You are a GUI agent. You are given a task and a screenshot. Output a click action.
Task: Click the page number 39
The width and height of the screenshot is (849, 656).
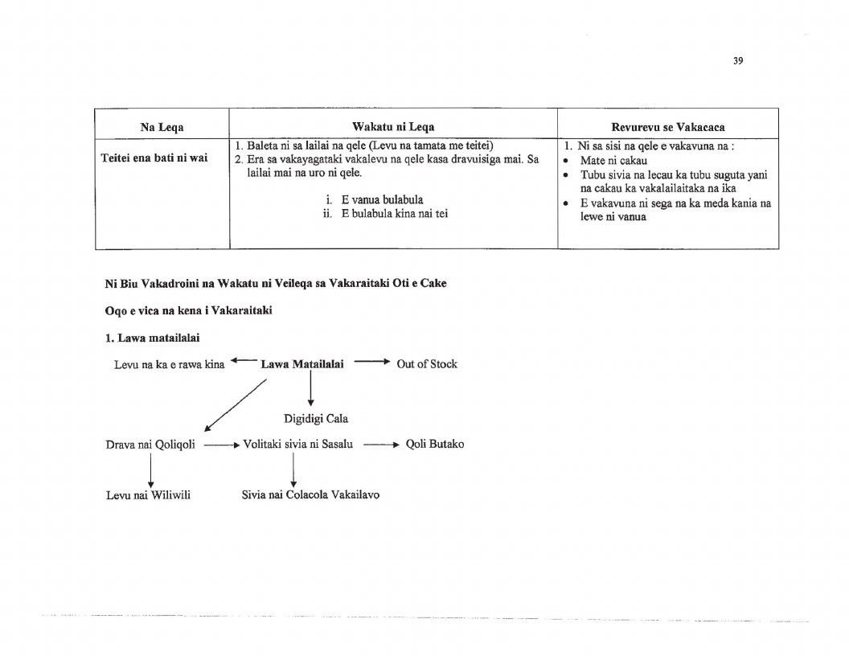point(738,61)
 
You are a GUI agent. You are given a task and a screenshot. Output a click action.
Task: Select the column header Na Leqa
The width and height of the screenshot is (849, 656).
point(162,127)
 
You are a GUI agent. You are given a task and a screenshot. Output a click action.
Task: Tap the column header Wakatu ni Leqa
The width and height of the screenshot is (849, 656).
point(393,127)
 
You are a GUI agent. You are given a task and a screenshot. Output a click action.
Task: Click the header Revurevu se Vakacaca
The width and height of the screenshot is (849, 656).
point(667,127)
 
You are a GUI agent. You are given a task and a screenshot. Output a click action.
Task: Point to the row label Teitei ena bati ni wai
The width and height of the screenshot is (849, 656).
point(154,158)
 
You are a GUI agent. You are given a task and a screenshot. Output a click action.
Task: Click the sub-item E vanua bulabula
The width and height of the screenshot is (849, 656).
point(382,199)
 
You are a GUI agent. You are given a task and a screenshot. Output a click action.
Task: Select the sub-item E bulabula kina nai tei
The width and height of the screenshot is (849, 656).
point(395,214)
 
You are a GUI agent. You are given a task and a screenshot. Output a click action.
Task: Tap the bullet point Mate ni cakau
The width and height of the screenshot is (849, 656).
point(613,161)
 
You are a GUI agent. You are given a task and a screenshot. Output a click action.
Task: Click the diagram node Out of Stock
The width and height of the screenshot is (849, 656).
point(427,363)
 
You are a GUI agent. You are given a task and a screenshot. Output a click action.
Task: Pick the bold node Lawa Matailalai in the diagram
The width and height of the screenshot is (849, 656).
point(302,364)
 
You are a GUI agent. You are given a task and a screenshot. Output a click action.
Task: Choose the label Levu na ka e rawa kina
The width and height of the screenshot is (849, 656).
point(169,365)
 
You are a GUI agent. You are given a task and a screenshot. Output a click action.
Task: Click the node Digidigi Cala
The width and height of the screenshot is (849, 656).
point(316,418)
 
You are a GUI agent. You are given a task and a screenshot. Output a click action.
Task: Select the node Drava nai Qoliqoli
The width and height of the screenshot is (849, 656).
point(150,445)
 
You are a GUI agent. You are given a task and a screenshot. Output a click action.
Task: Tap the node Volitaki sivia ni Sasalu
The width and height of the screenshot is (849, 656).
point(297,445)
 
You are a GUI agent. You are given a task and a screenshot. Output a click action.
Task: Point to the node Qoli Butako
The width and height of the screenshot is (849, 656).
point(435,444)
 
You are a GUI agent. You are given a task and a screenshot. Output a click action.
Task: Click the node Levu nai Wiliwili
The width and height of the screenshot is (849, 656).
point(149,495)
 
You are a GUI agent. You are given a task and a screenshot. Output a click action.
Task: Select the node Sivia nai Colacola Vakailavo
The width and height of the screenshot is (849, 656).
point(310,494)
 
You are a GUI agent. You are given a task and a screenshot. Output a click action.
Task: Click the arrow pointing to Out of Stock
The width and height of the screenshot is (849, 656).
point(372,362)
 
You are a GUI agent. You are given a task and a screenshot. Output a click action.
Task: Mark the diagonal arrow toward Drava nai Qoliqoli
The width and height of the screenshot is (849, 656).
point(235,405)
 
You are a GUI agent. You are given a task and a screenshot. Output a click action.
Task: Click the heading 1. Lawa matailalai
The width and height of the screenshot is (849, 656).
point(152,338)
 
